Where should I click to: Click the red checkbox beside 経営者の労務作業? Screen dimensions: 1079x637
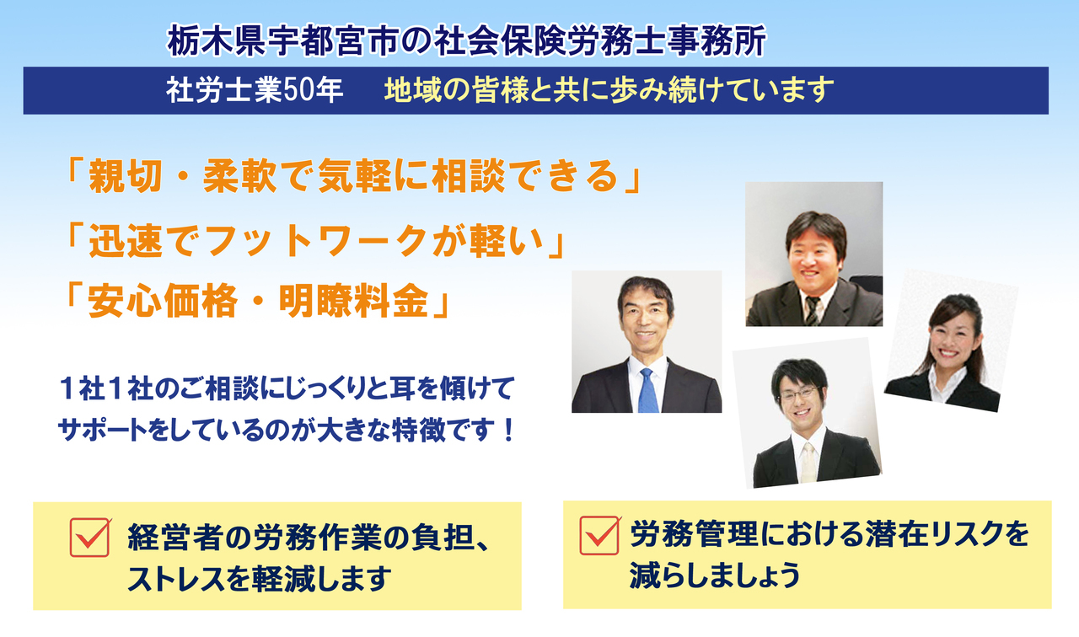tap(89, 538)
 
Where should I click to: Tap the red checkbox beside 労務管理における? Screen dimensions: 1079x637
tap(599, 535)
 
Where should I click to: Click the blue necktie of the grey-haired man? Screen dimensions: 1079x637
tap(647, 391)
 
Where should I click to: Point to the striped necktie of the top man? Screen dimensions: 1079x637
tap(812, 311)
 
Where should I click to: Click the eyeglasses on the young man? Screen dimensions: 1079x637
tap(799, 393)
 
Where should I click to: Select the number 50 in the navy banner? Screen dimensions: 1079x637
tap(298, 90)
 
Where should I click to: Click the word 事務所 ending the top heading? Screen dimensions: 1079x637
tap(717, 41)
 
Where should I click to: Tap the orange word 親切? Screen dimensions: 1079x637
tap(125, 176)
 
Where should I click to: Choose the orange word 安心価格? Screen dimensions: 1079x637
tap(163, 302)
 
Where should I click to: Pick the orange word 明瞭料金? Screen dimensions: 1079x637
tap(354, 302)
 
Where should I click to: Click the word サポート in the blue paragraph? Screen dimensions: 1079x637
tap(103, 431)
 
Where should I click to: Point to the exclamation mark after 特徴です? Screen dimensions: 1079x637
tap(507, 431)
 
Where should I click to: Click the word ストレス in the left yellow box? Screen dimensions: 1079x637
tap(176, 578)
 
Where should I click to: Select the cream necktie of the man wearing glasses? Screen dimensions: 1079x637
tap(808, 463)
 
